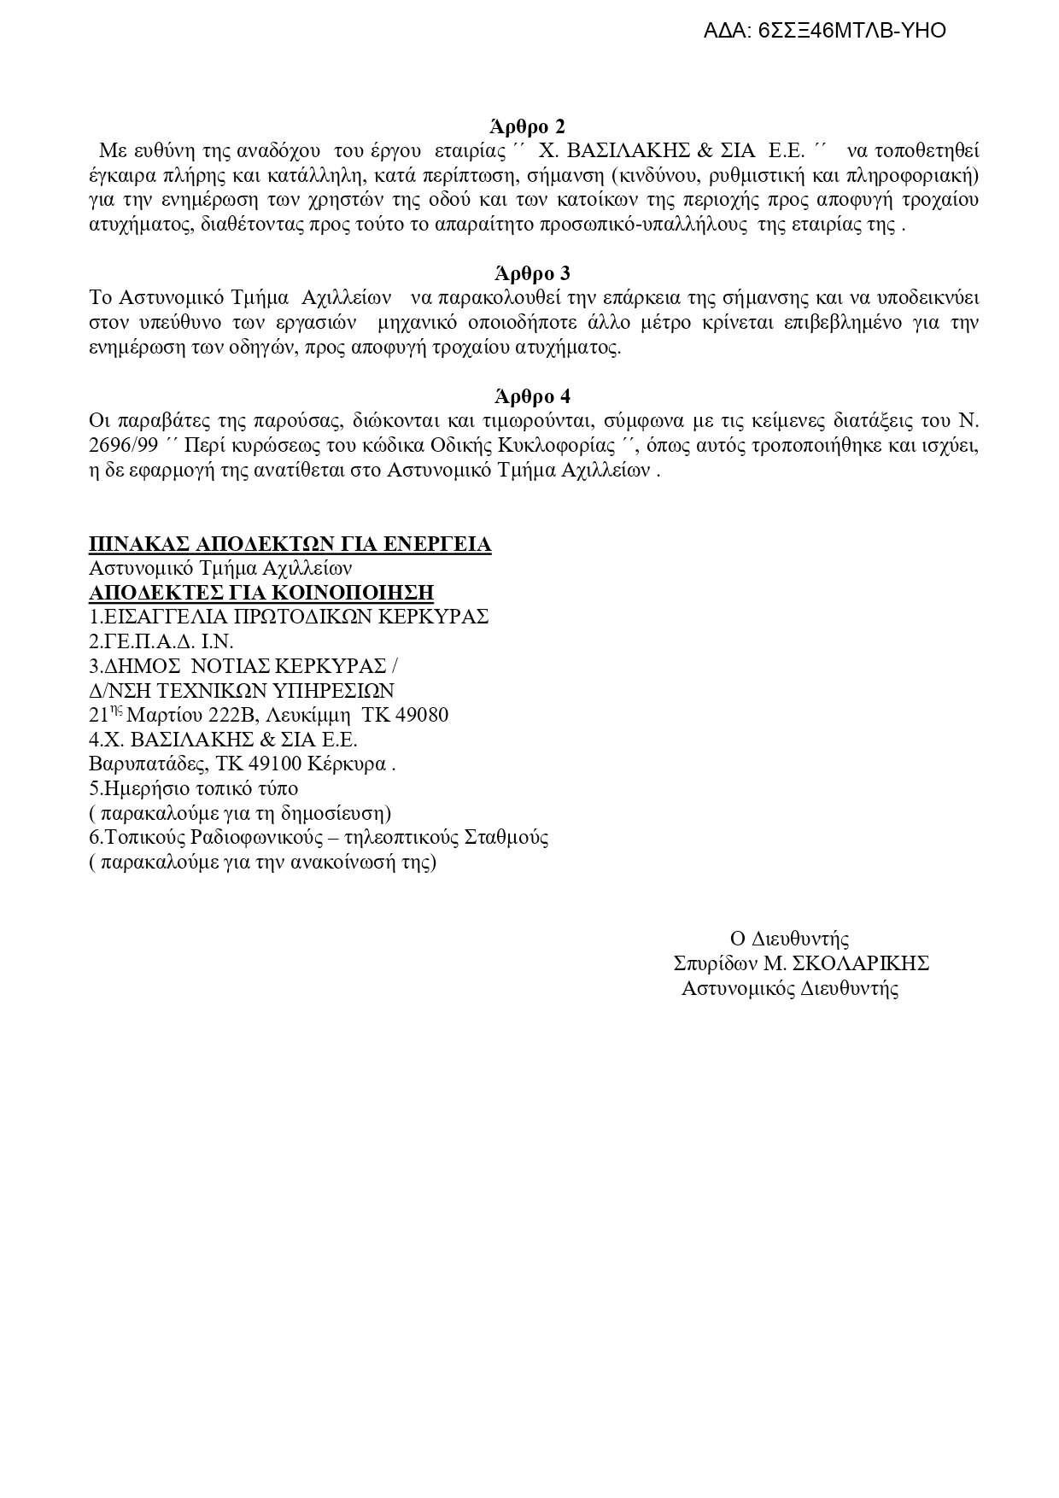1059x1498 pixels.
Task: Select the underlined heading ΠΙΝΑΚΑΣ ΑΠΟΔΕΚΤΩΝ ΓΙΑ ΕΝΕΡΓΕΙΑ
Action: click(290, 545)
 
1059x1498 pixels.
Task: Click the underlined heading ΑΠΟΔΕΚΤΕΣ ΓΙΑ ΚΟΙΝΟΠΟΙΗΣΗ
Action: click(261, 593)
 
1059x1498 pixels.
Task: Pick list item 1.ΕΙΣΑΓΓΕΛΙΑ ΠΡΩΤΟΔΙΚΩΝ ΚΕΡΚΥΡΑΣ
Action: click(289, 617)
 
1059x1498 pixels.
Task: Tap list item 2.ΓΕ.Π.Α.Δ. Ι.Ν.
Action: click(161, 641)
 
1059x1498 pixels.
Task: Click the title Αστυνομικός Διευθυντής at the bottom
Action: click(790, 990)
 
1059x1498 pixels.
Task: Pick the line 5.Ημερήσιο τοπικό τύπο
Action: click(194, 788)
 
